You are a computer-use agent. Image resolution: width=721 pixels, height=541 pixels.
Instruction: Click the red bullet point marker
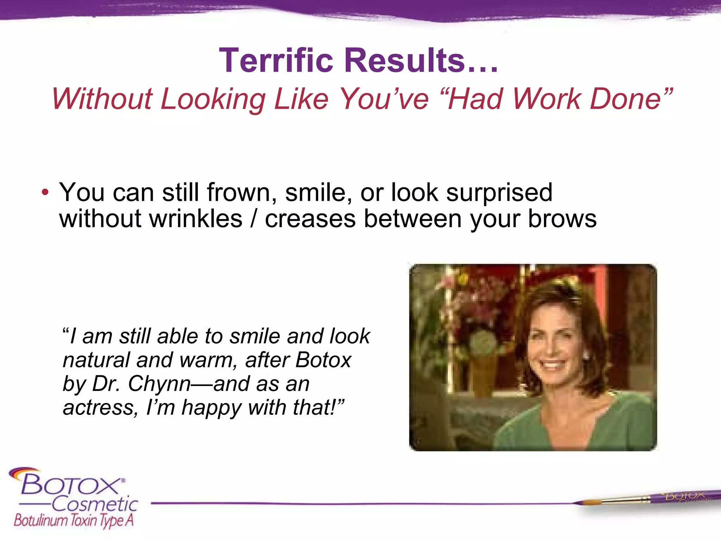click(45, 193)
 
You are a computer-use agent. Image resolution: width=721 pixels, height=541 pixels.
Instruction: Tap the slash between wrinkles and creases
click(254, 219)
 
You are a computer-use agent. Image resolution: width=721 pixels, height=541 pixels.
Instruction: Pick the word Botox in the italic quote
click(323, 360)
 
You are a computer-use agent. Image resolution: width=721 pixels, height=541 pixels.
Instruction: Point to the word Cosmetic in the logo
click(95, 504)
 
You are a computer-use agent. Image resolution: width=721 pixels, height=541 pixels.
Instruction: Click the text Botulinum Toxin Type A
click(74, 520)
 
